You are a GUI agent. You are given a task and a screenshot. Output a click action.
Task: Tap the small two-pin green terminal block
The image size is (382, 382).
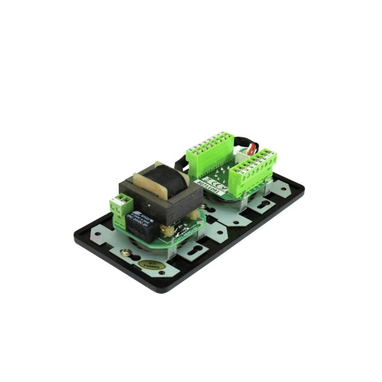(x=119, y=203)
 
